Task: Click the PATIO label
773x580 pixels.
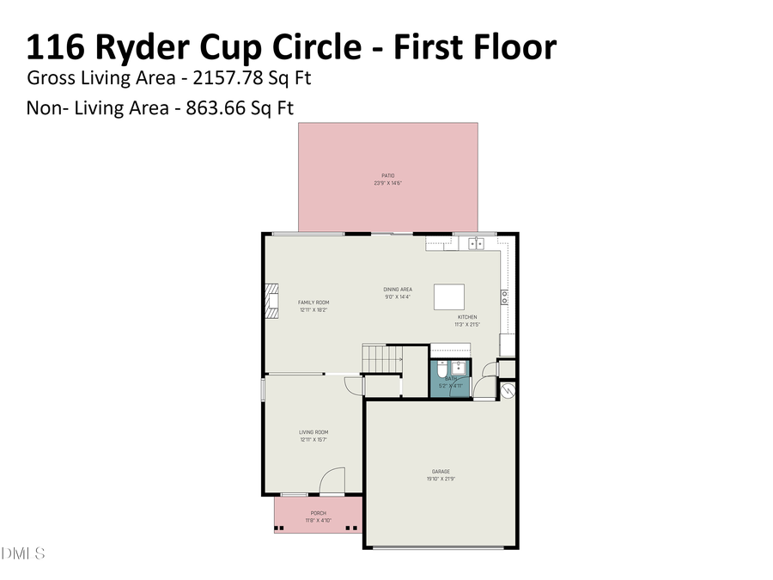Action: click(x=387, y=175)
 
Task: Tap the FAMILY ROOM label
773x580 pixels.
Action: click(x=313, y=302)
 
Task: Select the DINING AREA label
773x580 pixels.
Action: click(x=398, y=290)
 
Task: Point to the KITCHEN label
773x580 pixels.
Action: click(x=466, y=317)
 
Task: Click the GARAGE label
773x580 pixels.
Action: click(x=441, y=472)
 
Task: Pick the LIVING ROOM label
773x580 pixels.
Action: click(x=313, y=432)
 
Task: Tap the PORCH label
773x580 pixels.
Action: click(x=317, y=513)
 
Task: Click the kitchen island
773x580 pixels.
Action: click(x=449, y=296)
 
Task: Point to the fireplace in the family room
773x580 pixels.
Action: click(x=272, y=302)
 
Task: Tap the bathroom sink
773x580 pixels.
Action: click(x=460, y=368)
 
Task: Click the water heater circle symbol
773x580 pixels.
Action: click(x=507, y=389)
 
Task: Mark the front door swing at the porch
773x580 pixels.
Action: click(x=332, y=480)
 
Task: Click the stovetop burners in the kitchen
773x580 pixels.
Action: click(x=504, y=297)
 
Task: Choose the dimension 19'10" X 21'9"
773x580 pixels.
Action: click(x=441, y=478)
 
